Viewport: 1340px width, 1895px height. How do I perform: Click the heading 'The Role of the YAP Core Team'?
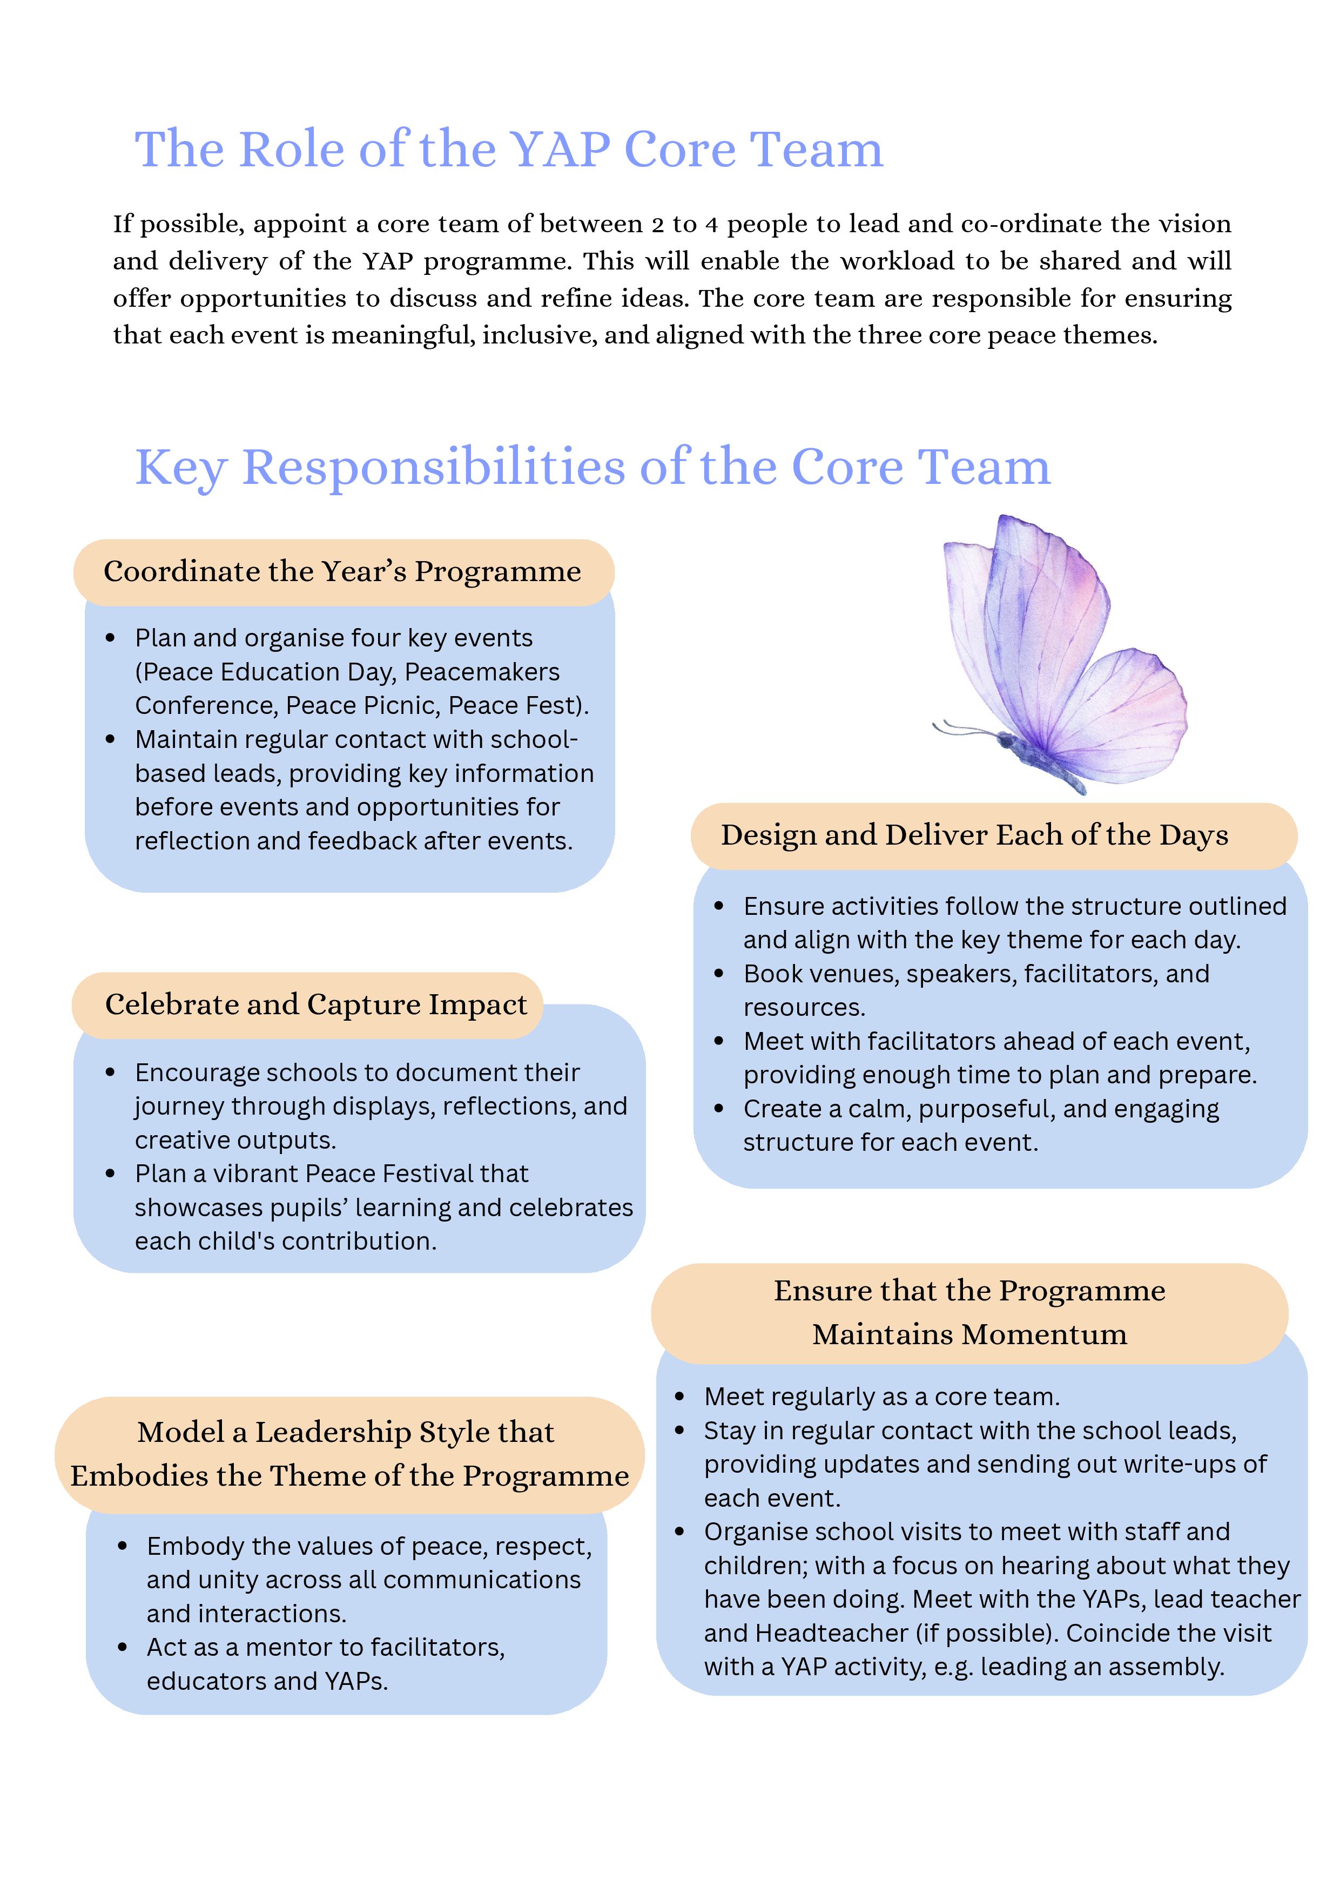pyautogui.click(x=509, y=150)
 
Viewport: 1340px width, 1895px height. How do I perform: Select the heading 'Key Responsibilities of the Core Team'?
pyautogui.click(x=592, y=467)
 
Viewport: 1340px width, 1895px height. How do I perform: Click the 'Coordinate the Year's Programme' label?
pyautogui.click(x=342, y=571)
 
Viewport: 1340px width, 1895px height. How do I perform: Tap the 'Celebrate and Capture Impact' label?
pyautogui.click(x=315, y=1004)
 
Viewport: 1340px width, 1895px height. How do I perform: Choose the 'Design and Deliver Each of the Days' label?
pyautogui.click(x=974, y=835)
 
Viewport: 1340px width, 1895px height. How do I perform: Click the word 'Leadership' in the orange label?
pyautogui.click(x=333, y=1432)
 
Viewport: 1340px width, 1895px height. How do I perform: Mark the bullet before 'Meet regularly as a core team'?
pyautogui.click(x=679, y=1397)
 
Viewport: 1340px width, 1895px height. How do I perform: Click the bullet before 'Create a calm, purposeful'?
pyautogui.click(x=718, y=1109)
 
